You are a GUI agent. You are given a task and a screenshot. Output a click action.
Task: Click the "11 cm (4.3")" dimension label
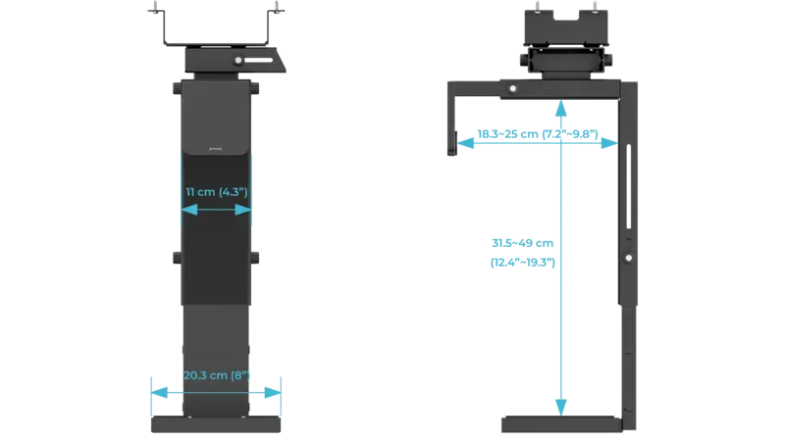216,191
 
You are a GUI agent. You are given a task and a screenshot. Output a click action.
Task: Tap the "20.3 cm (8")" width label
216,373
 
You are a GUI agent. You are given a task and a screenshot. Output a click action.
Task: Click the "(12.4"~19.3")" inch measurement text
523,263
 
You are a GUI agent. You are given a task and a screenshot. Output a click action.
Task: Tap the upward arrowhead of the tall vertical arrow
560,101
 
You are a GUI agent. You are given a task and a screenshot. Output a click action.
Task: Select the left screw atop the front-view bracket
154,11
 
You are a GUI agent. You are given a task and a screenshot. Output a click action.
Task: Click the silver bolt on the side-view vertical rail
629,259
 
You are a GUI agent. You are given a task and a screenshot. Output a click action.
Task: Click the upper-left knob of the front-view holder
176,88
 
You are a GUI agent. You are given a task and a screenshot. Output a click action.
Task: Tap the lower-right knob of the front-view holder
255,258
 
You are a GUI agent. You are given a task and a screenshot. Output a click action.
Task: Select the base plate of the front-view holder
216,425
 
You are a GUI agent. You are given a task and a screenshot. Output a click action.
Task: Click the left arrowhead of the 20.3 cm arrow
154,391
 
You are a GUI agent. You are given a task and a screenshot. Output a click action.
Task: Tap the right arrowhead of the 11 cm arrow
247,208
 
